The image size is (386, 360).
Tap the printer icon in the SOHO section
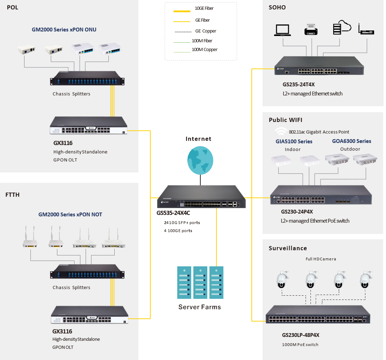[x=311, y=29]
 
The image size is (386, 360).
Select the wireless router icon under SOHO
[x=366, y=29]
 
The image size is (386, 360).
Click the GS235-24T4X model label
[x=296, y=85]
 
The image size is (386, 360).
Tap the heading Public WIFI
[x=286, y=120]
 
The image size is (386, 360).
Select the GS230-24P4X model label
[x=297, y=212]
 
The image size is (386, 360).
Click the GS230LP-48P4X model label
[x=301, y=335]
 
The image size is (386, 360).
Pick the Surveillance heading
[x=288, y=248]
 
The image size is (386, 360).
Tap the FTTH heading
[x=13, y=195]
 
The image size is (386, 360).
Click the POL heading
[x=13, y=8]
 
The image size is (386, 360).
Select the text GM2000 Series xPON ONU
[x=64, y=30]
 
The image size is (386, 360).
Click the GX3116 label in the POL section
[x=63, y=143]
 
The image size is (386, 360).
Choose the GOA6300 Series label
[x=351, y=141]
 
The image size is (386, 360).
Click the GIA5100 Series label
[x=294, y=142]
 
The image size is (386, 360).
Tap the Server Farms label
[x=200, y=307]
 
